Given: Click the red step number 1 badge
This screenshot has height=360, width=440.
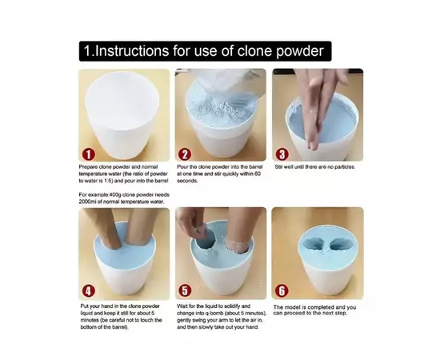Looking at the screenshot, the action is (x=88, y=154).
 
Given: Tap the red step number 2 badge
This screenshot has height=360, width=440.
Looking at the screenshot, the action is (x=185, y=154).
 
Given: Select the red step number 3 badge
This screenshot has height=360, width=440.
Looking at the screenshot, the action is (x=282, y=154).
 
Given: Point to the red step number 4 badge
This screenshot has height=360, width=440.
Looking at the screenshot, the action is (x=88, y=291).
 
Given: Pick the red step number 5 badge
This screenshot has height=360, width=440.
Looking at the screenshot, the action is (x=185, y=290).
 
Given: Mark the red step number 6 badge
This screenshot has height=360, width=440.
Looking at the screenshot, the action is (x=282, y=291).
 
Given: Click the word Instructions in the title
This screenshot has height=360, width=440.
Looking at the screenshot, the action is (x=132, y=51).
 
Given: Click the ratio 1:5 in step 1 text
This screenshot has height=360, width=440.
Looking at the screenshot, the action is (x=108, y=181).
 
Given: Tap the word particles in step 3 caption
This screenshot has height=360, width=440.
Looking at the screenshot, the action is (x=345, y=167).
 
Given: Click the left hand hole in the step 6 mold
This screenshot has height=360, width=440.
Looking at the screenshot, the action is (x=314, y=245).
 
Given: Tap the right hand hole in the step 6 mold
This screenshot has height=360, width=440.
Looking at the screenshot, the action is (x=339, y=246).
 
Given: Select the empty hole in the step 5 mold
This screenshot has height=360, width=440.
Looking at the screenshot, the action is (x=206, y=241).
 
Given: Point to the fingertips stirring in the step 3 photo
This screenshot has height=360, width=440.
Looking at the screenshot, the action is (x=313, y=144).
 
